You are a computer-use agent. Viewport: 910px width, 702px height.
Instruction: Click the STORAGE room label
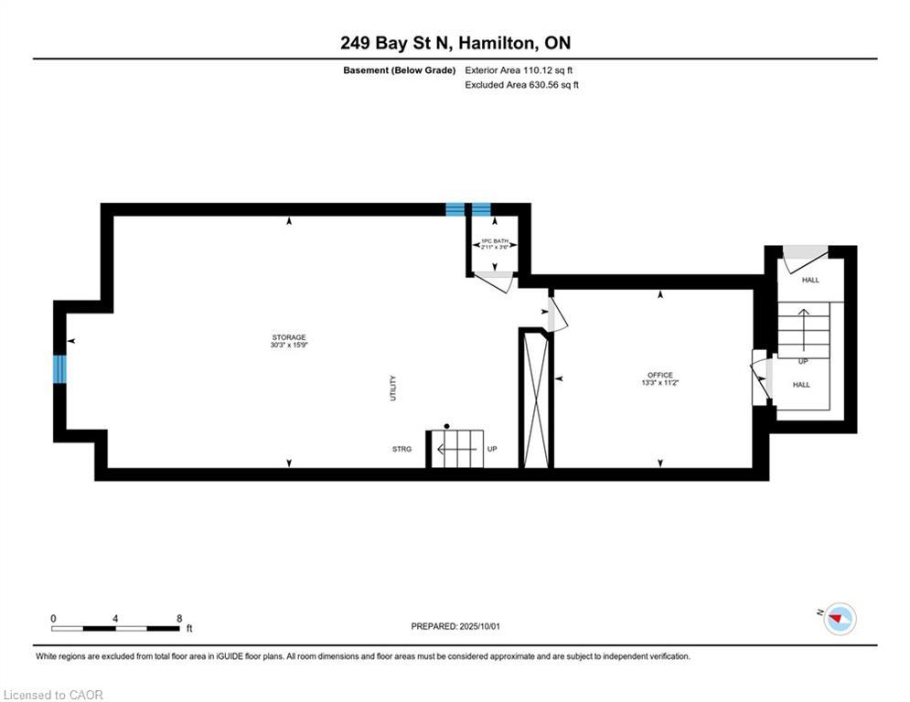289,337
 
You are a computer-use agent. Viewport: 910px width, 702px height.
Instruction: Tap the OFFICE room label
659,375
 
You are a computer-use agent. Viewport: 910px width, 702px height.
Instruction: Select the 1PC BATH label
494,239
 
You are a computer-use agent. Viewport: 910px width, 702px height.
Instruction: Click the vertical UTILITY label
393,388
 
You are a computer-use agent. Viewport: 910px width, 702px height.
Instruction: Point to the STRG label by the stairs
401,450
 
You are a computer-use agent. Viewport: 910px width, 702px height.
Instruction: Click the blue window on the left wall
60,368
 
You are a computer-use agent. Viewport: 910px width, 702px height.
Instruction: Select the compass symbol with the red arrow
839,619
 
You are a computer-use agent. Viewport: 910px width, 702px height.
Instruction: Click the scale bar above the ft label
115,628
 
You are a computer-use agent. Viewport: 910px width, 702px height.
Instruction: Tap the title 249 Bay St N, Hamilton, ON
455,43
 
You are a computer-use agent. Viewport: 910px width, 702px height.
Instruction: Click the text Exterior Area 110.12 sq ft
519,70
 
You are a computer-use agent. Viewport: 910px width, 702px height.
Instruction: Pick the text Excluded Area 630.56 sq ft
521,85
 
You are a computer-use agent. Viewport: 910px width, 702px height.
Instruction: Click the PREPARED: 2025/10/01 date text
455,626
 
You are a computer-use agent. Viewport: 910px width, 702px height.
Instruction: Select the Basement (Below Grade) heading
399,70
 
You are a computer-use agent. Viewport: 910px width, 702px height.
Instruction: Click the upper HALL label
810,281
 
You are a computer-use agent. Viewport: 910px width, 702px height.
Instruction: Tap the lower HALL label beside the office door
801,385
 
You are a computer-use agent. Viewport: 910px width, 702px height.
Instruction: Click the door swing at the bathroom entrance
494,282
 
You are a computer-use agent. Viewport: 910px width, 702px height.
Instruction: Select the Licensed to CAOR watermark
53,695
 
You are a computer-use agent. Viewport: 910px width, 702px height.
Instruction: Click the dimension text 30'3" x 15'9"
289,346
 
